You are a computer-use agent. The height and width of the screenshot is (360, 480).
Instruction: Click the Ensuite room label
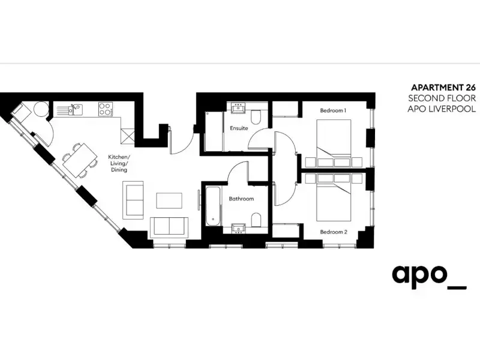(x=239, y=128)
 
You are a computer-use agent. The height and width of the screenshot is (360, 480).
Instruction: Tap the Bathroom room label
(x=241, y=199)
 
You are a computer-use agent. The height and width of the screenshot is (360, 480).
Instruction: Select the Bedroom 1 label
(x=333, y=110)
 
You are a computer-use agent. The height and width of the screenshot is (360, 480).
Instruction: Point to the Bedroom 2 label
(x=334, y=232)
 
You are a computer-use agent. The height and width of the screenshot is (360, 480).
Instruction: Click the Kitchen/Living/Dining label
(x=119, y=163)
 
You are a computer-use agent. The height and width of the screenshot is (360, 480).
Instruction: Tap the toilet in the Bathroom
(x=256, y=220)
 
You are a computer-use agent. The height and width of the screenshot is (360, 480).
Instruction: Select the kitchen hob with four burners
(x=105, y=109)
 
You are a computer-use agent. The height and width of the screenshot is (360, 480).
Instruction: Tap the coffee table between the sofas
(x=169, y=200)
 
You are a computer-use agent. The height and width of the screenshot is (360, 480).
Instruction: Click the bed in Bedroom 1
(x=334, y=139)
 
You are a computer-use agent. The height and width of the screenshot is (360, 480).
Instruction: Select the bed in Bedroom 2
(x=334, y=202)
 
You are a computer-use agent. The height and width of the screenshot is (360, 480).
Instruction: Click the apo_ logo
(x=429, y=277)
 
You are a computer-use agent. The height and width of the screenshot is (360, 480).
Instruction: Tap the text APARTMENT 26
(x=443, y=88)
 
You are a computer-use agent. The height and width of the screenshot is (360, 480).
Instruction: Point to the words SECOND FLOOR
(x=442, y=98)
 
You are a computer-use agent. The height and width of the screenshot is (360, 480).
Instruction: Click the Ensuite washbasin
(x=238, y=109)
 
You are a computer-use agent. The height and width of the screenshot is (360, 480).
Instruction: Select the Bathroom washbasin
(x=238, y=229)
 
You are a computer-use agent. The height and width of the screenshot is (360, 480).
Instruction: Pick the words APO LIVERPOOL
(x=442, y=109)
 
